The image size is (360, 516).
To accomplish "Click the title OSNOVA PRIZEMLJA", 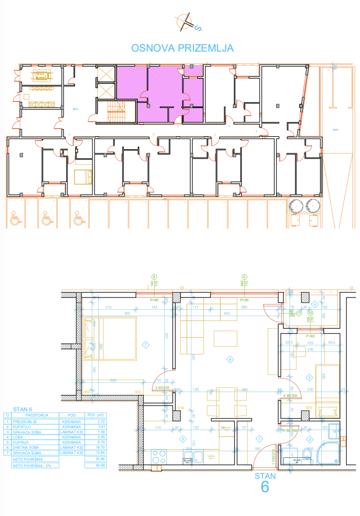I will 182,48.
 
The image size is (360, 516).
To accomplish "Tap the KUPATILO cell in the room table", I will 22,427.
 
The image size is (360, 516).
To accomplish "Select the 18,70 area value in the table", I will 100,447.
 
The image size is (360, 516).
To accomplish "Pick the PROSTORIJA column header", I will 37,415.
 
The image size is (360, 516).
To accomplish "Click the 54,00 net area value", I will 100,465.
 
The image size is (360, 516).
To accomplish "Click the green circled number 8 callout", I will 154,277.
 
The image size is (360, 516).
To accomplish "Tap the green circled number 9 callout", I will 244,277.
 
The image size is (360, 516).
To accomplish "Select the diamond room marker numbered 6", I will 230,359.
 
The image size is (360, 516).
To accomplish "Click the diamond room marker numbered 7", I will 145,345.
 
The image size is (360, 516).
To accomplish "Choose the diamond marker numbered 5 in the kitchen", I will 183,439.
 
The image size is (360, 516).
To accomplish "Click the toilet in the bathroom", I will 307,454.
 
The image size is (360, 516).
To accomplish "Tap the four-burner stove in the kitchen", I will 159,457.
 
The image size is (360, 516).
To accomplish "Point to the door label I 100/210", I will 273,456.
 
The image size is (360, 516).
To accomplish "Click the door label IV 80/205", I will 289,431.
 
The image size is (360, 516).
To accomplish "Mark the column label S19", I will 180,408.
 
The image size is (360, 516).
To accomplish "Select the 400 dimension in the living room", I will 226,313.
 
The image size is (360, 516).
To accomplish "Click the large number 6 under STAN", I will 265,487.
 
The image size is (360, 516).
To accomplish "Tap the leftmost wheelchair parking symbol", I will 15,219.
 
